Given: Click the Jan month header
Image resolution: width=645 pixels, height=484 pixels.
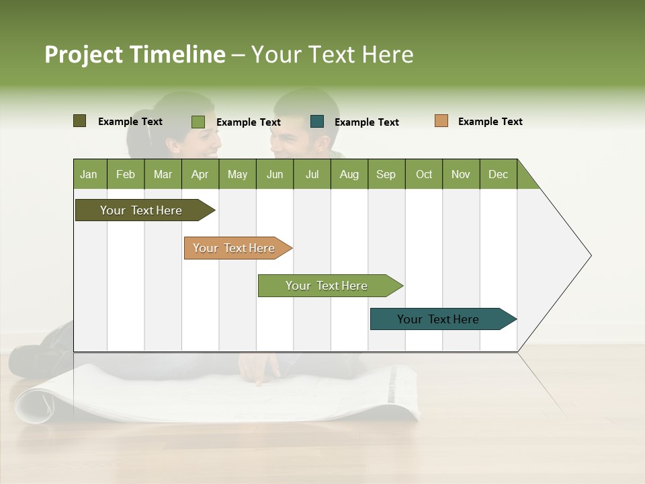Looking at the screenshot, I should point(89,174).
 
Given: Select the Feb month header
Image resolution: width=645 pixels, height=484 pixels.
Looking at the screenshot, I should point(126,174).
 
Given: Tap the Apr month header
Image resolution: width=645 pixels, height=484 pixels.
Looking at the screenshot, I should point(200,174).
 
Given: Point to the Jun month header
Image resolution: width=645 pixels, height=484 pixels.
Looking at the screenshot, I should point(275,174).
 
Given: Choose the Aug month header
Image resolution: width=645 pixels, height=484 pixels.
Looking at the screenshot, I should point(349,174).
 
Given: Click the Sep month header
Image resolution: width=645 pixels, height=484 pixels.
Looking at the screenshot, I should point(386,174).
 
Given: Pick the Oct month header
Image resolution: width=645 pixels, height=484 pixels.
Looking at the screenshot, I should point(424,174).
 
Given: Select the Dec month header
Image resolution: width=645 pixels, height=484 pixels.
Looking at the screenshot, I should point(498,174).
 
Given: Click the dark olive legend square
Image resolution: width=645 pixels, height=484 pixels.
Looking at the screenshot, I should point(79,121).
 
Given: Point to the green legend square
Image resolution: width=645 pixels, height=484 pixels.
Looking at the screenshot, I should point(198,122).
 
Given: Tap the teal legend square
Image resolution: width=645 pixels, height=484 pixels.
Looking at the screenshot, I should point(317,122).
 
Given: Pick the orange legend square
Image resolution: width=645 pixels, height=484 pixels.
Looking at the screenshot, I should point(441,121).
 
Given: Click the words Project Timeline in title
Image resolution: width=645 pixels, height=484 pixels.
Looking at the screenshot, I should point(134,54).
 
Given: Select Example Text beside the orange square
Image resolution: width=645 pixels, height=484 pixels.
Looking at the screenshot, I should point(490,122).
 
